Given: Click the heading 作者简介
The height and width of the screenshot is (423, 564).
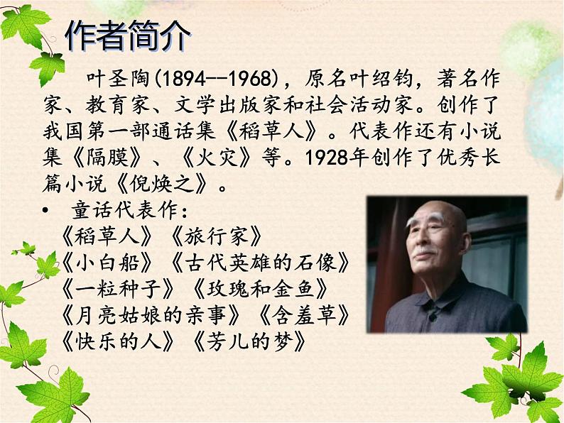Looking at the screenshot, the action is (128, 36).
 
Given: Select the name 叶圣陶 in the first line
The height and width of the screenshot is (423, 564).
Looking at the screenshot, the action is (118, 79).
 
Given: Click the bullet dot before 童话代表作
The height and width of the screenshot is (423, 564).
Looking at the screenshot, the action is (45, 209).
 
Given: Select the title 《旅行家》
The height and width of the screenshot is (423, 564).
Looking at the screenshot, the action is (216, 236).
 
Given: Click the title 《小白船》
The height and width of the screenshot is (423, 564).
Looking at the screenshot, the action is (107, 263).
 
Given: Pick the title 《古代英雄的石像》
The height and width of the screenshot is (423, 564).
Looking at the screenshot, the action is (260, 263).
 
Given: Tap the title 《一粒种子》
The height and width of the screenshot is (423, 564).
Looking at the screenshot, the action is (118, 289).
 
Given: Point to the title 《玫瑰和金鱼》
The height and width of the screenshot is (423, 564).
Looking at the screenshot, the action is (260, 289).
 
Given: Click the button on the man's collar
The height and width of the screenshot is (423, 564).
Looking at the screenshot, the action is (433, 318).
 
